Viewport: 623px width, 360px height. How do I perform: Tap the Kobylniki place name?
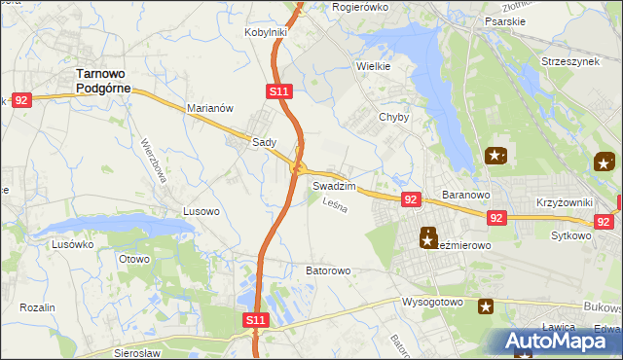tap(265, 32)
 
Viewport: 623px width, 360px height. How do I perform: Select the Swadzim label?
tap(333, 185)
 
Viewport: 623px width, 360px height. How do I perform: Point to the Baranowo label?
tap(464, 196)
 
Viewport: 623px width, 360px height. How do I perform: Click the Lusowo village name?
tap(202, 210)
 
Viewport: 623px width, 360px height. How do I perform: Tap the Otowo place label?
tap(133, 259)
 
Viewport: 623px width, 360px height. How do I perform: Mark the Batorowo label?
tap(328, 270)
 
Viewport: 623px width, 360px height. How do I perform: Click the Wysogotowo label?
tap(433, 302)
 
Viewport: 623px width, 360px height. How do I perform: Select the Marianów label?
tap(209, 109)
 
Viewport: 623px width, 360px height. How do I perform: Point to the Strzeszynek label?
tap(569, 61)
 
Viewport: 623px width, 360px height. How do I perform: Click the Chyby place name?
tap(393, 117)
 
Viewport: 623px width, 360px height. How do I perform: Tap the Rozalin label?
tap(37, 307)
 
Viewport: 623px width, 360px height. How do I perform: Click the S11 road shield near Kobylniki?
tap(278, 91)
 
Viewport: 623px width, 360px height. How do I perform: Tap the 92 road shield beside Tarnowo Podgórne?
tap(22, 99)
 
